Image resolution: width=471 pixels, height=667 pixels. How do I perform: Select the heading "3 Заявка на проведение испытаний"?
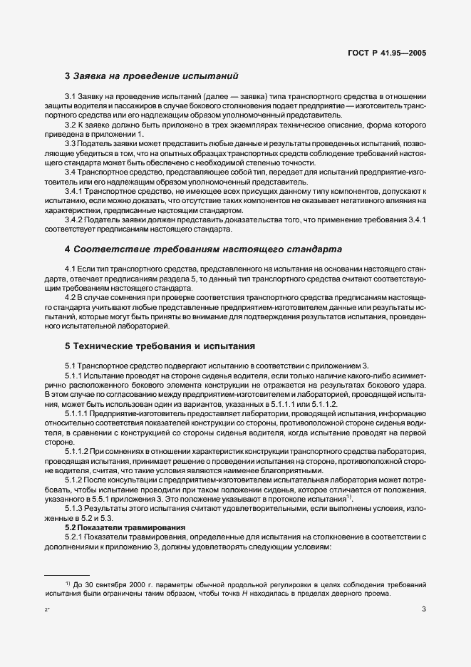click(x=151, y=76)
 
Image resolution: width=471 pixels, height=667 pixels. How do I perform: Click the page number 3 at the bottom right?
click(x=423, y=609)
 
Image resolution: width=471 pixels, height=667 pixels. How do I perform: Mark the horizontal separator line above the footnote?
click(x=67, y=574)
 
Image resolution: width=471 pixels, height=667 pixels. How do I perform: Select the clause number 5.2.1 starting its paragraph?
click(x=76, y=536)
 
